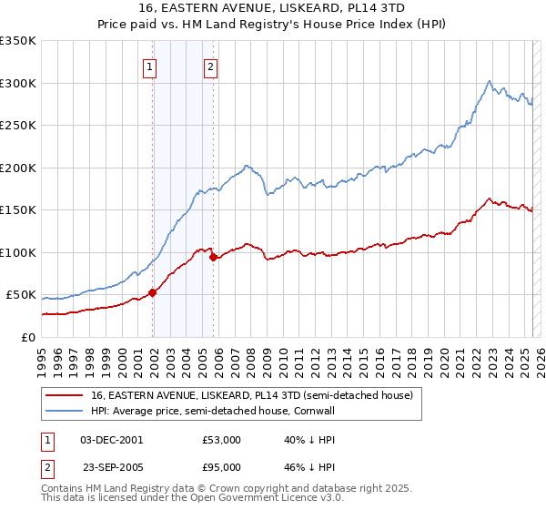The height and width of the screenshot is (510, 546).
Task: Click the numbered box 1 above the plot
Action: [149, 66]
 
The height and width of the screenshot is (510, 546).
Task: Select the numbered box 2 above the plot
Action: [210, 66]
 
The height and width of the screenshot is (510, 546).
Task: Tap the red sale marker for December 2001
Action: [153, 292]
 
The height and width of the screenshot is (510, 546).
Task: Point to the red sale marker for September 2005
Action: [214, 257]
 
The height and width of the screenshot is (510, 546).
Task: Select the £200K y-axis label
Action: [18, 168]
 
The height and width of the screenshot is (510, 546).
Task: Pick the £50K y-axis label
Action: [22, 295]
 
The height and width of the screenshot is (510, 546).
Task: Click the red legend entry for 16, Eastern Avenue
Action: [252, 395]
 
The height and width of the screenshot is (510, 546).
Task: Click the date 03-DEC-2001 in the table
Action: [112, 439]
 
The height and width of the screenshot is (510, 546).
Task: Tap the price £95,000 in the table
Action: [222, 466]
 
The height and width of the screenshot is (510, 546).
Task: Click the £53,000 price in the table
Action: [222, 439]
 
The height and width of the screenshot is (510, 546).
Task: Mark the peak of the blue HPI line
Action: [490, 81]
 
